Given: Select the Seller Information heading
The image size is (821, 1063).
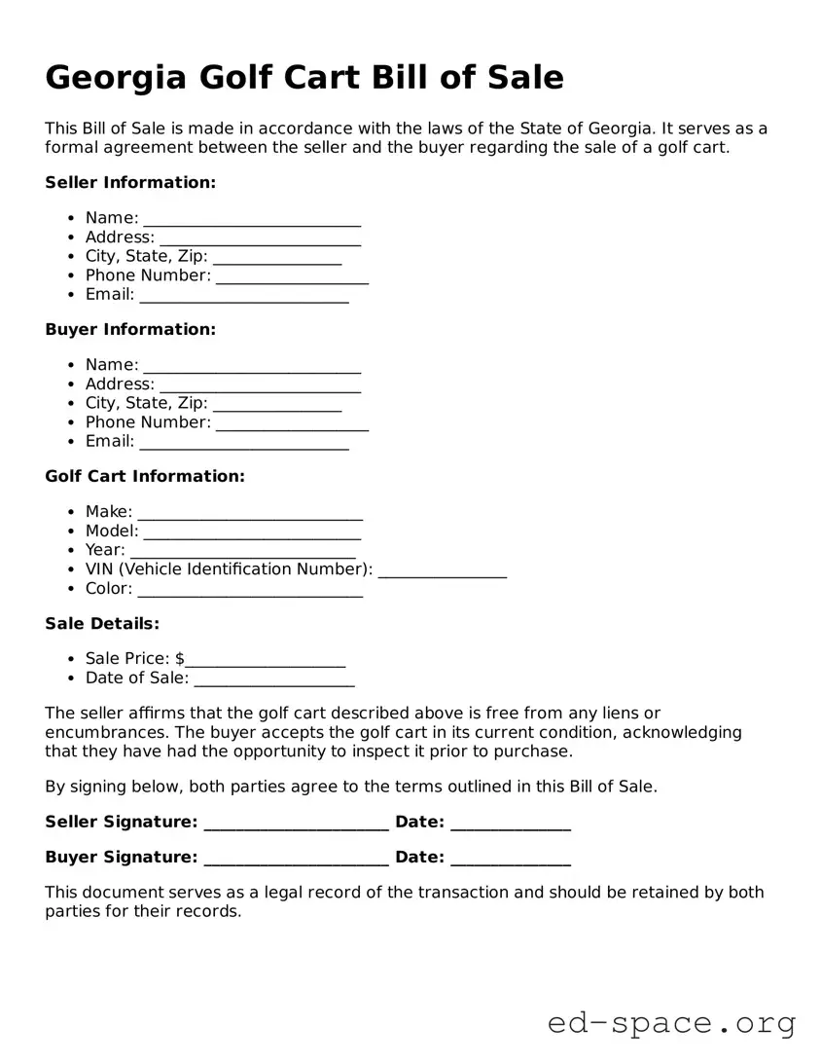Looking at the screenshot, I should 130,182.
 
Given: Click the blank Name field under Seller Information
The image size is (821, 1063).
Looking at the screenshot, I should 252,219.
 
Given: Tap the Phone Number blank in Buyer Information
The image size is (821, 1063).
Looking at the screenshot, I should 292,423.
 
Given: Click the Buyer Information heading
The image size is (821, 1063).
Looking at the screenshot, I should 130,329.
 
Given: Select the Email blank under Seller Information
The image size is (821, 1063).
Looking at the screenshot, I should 243,296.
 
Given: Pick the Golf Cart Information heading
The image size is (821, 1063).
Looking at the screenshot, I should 145,476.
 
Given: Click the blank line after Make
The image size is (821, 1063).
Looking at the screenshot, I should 250,513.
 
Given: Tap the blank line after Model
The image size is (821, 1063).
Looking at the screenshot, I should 252,532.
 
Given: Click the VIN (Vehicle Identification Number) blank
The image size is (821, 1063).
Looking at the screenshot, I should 443,571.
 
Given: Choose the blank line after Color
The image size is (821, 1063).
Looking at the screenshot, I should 250,590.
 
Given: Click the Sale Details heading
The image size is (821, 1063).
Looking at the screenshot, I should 102,623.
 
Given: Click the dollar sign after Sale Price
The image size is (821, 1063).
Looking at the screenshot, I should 180,658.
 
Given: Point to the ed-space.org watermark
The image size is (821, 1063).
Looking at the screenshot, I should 671,1023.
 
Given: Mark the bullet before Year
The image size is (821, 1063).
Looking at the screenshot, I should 73,550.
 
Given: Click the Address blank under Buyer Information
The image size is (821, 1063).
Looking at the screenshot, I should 260,385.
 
